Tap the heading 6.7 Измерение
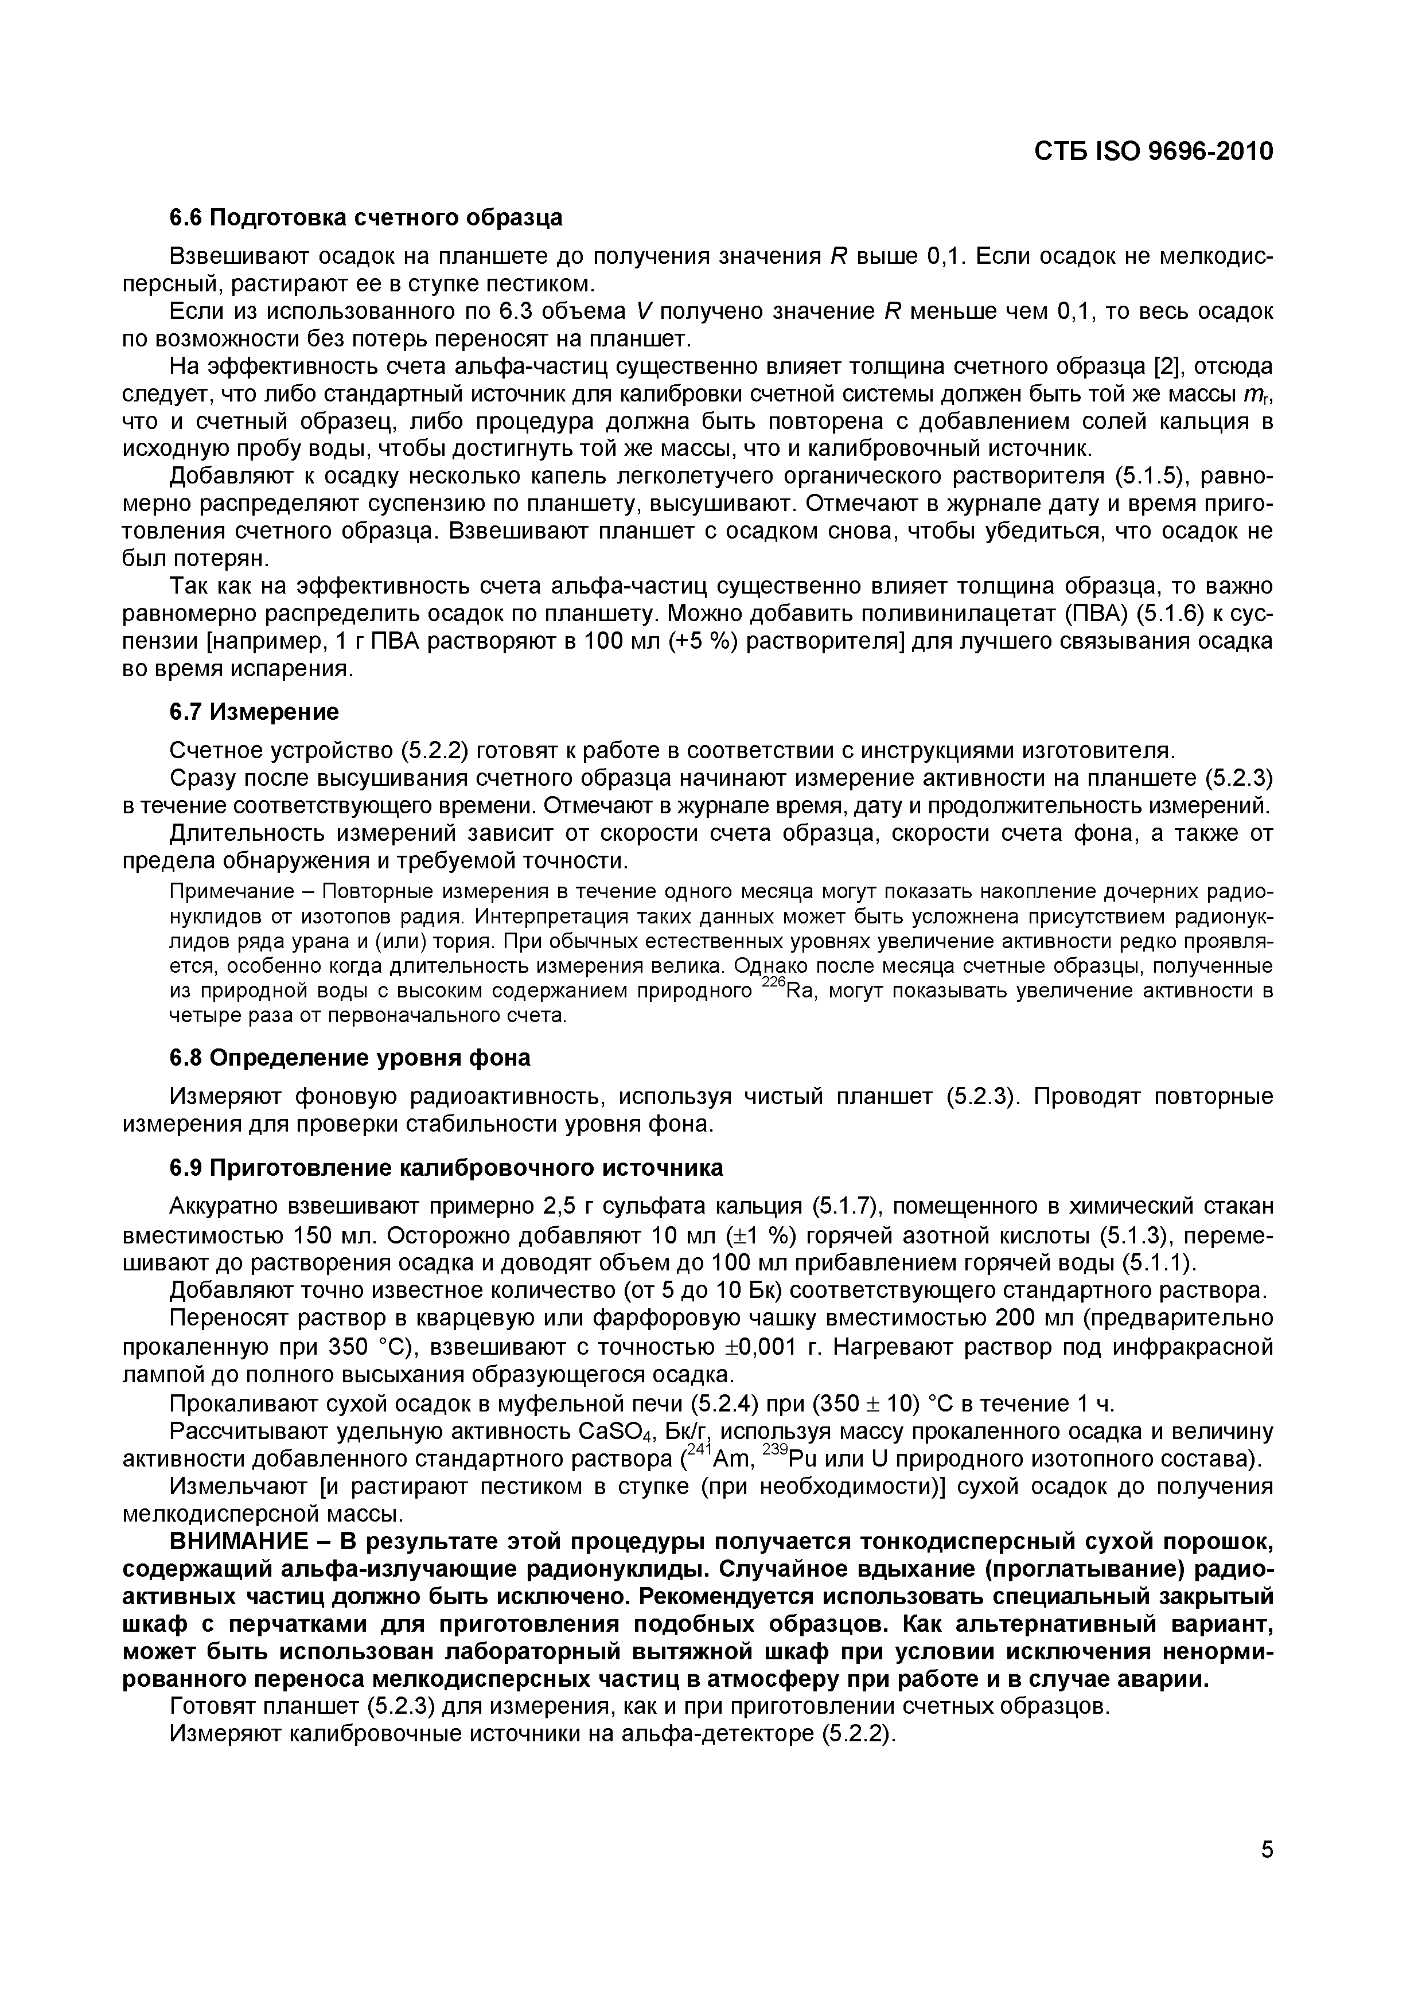254,712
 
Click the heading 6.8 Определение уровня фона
349,1058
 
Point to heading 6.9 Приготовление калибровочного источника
446,1168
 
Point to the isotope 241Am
721,1459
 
